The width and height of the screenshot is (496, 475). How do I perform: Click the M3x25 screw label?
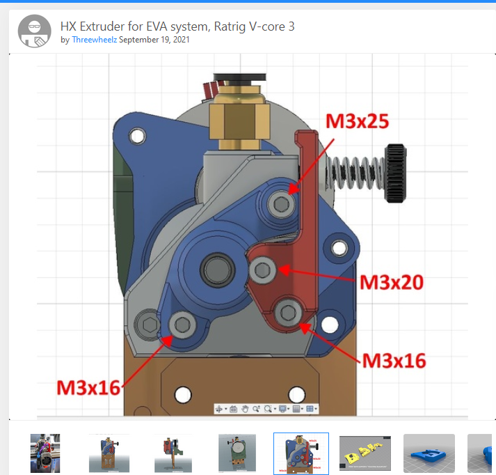357,121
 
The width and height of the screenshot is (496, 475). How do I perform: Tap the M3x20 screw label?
392,282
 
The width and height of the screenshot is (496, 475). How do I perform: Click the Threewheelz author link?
95,40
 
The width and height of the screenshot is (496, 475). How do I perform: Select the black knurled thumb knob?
395,173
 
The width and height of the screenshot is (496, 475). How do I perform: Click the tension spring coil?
355,173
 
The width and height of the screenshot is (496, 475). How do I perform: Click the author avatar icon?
35,31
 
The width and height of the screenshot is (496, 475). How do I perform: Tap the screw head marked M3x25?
281,204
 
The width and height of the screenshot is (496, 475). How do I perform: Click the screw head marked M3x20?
262,270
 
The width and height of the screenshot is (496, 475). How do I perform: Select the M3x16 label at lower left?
88,388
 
